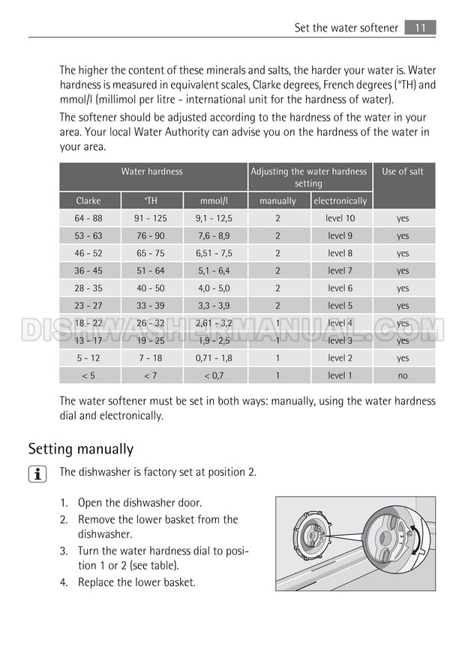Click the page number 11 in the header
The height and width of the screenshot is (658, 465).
[x=420, y=28]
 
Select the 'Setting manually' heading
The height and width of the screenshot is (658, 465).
[x=81, y=449]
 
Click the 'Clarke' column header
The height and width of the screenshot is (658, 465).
[x=88, y=201]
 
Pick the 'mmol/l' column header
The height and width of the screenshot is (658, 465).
[x=214, y=201]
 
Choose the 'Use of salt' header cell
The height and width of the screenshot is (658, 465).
[x=403, y=172]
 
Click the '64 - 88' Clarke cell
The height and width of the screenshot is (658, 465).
[x=88, y=218]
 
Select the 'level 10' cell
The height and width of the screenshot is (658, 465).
[x=340, y=218]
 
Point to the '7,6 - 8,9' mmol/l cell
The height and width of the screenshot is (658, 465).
[x=214, y=236]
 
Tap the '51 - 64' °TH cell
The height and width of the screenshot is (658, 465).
[x=151, y=271]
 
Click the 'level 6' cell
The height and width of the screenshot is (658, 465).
[x=340, y=288]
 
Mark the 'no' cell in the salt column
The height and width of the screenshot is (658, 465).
[x=403, y=375]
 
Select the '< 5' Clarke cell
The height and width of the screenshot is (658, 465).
[x=88, y=375]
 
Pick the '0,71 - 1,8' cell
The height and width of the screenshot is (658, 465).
[x=214, y=358]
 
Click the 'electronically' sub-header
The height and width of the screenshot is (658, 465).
[x=340, y=201]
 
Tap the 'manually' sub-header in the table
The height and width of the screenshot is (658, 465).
[x=277, y=201]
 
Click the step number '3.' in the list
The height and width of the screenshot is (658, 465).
[x=64, y=551]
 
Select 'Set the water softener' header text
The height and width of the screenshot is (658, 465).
[x=346, y=28]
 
